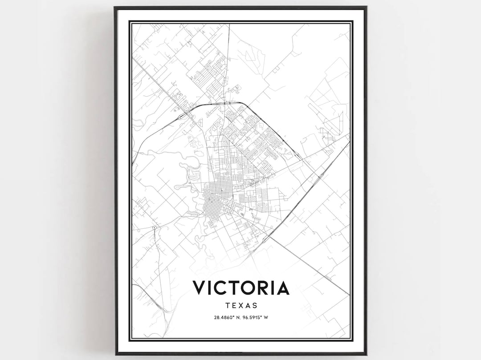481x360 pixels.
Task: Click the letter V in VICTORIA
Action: point(200,288)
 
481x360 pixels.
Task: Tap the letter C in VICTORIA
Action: point(222,288)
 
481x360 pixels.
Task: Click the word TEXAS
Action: point(241,306)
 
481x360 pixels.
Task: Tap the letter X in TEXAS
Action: point(241,306)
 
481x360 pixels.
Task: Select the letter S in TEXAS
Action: point(255,306)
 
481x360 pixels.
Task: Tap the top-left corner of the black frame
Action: point(115,7)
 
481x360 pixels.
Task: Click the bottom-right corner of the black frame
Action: point(366,354)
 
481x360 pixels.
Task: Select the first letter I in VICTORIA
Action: point(211,288)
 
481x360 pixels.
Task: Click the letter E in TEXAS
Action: point(234,306)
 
